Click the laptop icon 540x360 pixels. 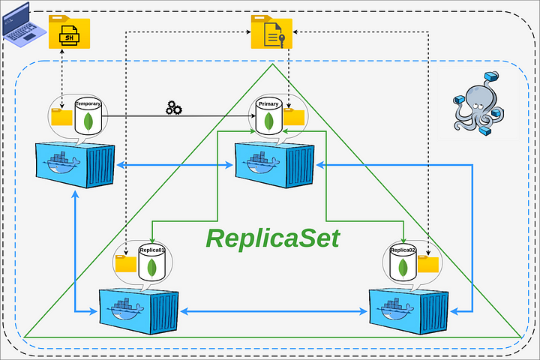[x=23, y=25]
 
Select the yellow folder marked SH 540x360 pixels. [x=69, y=31]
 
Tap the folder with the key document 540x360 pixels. [x=271, y=31]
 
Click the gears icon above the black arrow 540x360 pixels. [x=174, y=107]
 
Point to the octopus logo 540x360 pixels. [x=478, y=103]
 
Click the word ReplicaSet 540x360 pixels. [x=273, y=238]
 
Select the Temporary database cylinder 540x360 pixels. [x=88, y=117]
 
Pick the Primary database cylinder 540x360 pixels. [x=269, y=117]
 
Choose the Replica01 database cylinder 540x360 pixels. [x=151, y=263]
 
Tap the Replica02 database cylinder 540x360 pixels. [x=403, y=263]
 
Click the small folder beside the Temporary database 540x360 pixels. [x=61, y=117]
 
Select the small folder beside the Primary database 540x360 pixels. [x=294, y=117]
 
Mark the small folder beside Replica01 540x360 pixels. [x=126, y=263]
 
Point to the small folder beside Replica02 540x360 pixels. [x=428, y=264]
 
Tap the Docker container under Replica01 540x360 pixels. [x=139, y=310]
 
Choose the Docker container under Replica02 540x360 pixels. [x=409, y=310]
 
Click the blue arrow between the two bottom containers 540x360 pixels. [x=274, y=311]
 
